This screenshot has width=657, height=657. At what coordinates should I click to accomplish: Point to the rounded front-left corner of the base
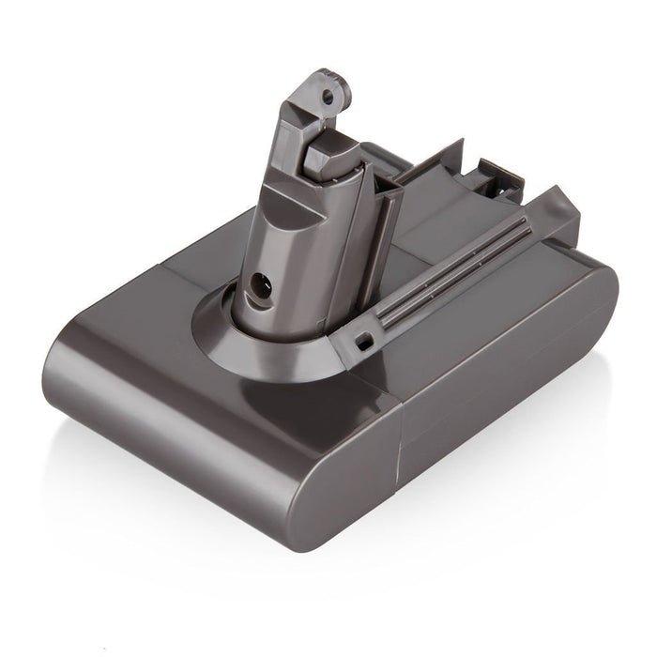point(80,357)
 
